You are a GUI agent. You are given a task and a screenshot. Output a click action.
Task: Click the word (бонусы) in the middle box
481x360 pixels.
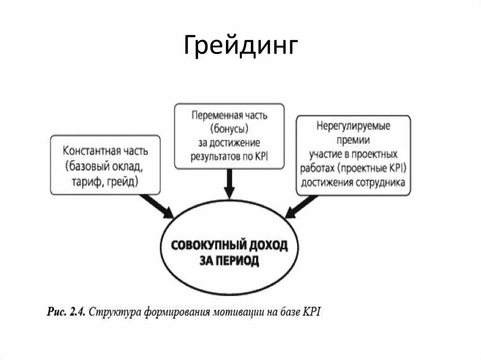pos(229,129)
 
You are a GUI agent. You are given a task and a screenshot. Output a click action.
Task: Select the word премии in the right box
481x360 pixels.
pos(353,140)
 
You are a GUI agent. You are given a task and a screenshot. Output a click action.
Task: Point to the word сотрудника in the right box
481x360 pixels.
pos(382,182)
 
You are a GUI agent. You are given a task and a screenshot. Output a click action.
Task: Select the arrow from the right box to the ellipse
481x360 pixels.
pos(301,207)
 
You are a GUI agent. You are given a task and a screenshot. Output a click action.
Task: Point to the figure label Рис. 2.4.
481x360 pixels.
pos(66,312)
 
